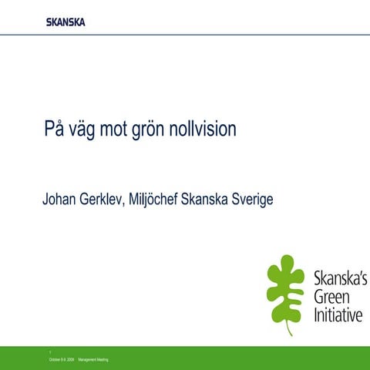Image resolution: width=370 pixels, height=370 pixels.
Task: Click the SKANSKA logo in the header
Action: click(x=66, y=21)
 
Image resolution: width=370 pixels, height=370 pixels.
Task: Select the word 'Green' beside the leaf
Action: click(x=330, y=297)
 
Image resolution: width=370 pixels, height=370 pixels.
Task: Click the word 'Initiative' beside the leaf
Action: click(x=337, y=314)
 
